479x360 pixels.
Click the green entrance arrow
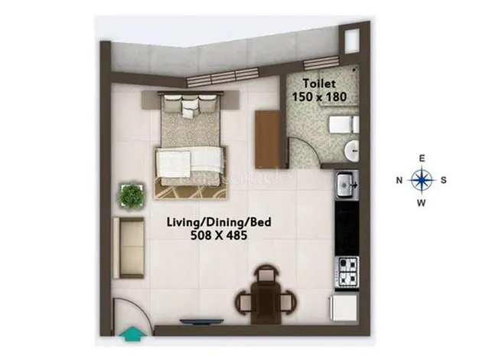(x=132, y=333)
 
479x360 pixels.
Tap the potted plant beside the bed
(x=132, y=195)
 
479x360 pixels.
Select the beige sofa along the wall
(x=129, y=247)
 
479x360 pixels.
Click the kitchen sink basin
(x=345, y=185)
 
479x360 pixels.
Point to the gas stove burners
(x=347, y=273)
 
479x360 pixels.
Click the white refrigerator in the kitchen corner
(x=344, y=308)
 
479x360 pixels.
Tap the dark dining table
(x=266, y=303)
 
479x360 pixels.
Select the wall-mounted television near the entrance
(x=201, y=322)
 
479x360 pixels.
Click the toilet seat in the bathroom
(x=343, y=124)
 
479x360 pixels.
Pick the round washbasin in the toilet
(x=352, y=151)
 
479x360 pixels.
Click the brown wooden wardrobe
(x=268, y=139)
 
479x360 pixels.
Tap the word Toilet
(x=319, y=83)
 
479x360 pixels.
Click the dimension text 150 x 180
(x=319, y=97)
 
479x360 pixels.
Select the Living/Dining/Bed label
(x=219, y=222)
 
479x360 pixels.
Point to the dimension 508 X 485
(x=219, y=235)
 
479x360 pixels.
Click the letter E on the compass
(x=422, y=158)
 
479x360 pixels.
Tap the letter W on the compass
(x=422, y=202)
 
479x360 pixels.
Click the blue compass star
(x=422, y=180)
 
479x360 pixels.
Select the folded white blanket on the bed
(x=190, y=162)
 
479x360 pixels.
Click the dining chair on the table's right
(x=286, y=303)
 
